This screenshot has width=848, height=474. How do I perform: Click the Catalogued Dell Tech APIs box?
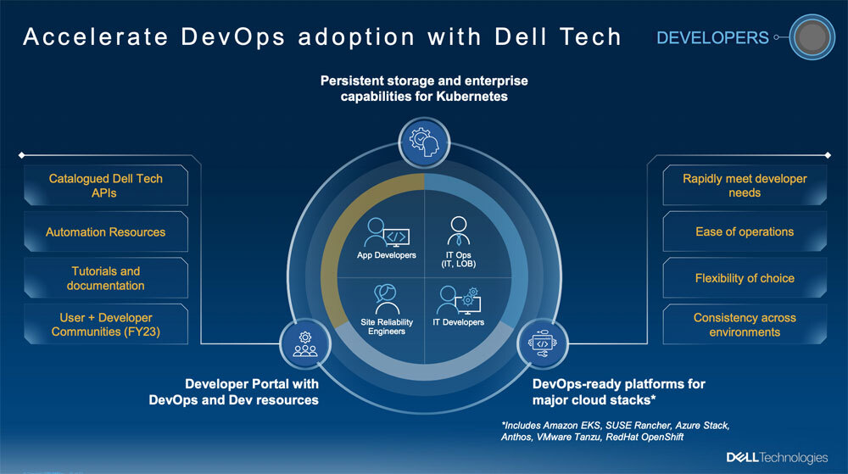click(x=105, y=186)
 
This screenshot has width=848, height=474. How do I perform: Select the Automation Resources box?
click(x=105, y=231)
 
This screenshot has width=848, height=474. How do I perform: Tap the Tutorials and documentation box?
click(x=105, y=278)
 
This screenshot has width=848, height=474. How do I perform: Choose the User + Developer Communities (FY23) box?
click(x=105, y=324)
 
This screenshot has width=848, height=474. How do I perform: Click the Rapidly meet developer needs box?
click(x=745, y=186)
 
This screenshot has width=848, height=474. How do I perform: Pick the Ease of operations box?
click(x=745, y=231)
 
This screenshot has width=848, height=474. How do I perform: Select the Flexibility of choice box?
click(x=745, y=278)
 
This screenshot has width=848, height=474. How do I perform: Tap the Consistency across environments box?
click(x=745, y=324)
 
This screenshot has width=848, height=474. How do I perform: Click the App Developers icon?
click(x=383, y=232)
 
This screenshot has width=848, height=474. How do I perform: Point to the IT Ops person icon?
click(x=459, y=230)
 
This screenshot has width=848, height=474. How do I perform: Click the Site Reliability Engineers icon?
click(x=387, y=298)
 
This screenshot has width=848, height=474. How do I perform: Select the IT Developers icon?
click(x=457, y=301)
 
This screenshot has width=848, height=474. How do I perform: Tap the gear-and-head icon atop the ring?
click(x=423, y=141)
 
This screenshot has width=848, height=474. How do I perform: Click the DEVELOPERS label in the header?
click(x=712, y=38)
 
